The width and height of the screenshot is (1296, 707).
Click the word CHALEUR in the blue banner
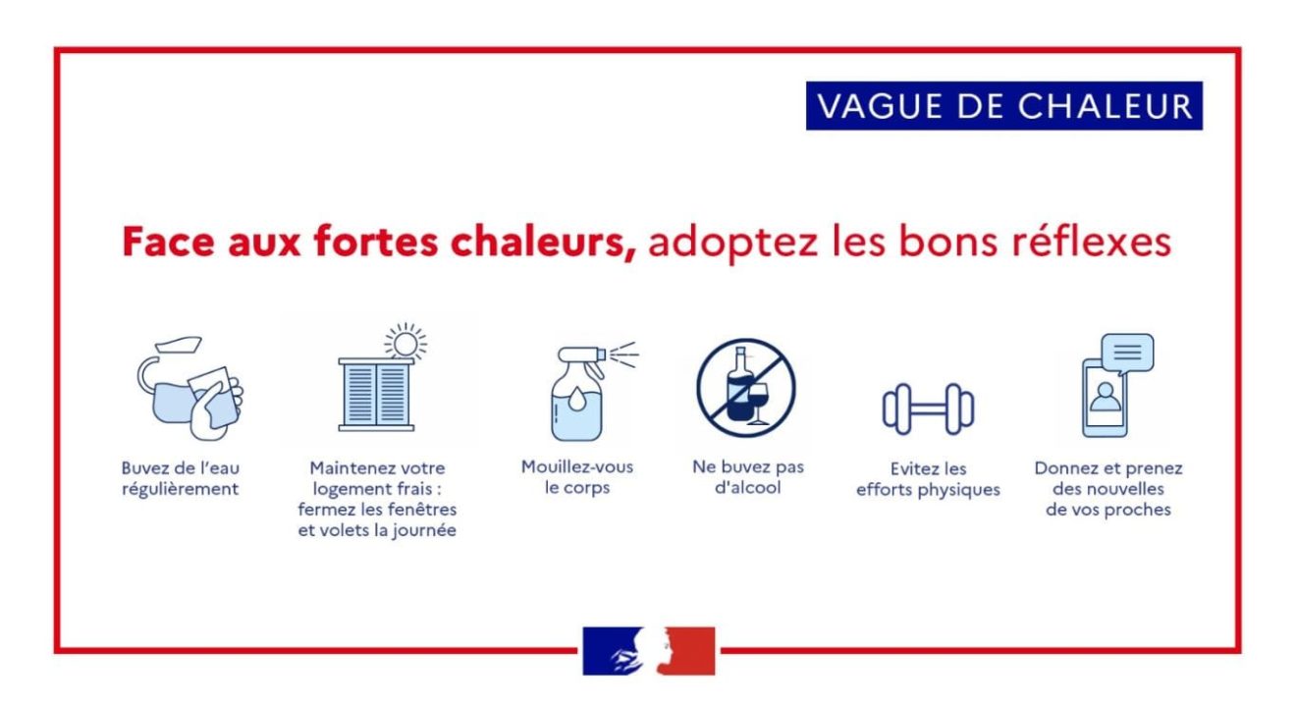1106,106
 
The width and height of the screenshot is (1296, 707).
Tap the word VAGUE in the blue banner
881,106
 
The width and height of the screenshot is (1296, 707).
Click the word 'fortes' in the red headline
375,242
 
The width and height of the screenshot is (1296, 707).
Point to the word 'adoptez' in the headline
732,243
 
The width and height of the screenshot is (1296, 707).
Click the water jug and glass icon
190,388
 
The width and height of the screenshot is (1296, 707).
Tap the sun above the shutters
405,343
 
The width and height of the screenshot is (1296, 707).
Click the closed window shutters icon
376,395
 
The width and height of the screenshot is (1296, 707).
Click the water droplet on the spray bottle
577,400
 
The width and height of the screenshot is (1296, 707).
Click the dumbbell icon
928,409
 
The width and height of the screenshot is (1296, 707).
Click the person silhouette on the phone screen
1106,397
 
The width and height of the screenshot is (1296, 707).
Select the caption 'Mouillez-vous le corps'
577,476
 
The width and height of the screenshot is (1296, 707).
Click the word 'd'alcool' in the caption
747,487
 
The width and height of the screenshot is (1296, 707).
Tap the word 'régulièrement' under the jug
180,489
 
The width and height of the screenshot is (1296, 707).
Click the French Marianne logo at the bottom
649,650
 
